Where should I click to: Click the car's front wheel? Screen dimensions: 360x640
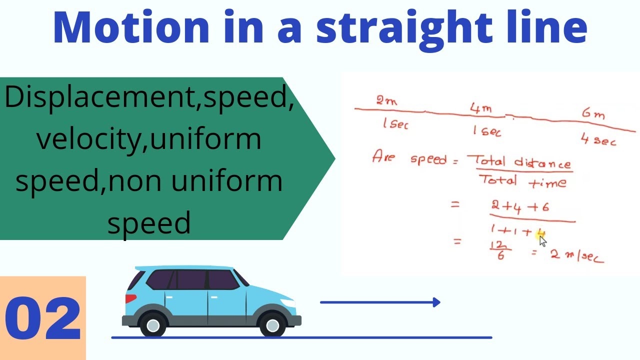coord(272,325)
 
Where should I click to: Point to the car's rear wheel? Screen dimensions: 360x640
coord(153,325)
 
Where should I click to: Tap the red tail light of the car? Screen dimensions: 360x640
coord(130,298)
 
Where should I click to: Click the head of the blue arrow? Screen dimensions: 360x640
coord(436,302)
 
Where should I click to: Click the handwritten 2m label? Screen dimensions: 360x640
coord(386,101)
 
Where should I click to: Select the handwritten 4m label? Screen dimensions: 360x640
coord(480,108)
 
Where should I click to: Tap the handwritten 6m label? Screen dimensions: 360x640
coord(593,114)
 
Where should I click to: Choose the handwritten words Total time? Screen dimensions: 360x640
coord(522,181)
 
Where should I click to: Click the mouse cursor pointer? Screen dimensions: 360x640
coord(543,241)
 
